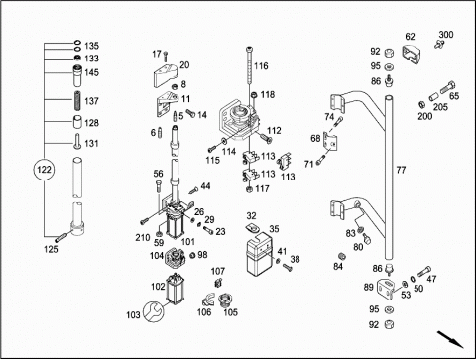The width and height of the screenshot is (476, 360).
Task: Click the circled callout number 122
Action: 44,170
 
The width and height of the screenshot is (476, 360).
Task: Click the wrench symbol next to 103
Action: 153,311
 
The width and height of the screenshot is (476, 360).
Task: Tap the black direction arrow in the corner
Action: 450,339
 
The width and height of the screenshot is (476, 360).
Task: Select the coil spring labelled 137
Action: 77,101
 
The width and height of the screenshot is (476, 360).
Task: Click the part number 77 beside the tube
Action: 401,170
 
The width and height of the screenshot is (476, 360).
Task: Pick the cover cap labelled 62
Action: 411,54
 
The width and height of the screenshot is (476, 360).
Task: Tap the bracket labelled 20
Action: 165,75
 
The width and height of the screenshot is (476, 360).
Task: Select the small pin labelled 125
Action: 62,237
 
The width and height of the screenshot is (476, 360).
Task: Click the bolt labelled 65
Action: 447,87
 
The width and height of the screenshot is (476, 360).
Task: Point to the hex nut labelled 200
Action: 422,105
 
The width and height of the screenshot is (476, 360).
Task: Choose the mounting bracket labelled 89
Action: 386,289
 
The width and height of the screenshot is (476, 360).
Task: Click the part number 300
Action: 446,35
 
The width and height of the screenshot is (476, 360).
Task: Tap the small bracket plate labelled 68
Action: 331,142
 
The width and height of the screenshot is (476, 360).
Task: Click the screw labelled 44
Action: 193,190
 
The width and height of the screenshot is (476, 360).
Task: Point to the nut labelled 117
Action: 250,189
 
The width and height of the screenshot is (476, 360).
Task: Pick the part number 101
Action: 187,242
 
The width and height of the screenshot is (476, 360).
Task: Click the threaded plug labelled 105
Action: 225,300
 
